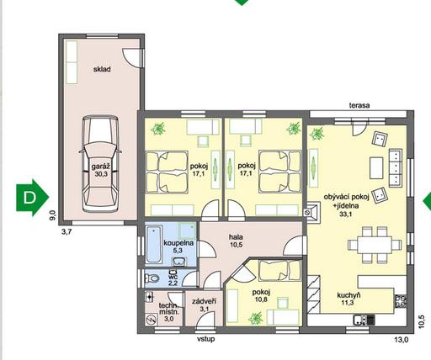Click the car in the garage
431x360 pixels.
tap(100, 164)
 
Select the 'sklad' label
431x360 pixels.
tap(102, 69)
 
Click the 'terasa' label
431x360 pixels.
tap(359, 105)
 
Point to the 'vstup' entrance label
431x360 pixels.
tap(205, 339)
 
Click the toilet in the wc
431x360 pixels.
tap(152, 278)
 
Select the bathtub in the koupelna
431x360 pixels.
tap(154, 245)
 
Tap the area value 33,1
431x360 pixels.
tap(346, 214)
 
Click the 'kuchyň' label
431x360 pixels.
tap(349, 295)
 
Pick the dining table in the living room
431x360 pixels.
tap(375, 245)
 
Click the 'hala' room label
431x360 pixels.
tap(236, 237)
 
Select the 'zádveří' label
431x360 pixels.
tap(204, 302)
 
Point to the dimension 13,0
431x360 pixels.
tap(401, 340)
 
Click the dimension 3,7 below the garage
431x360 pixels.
tap(67, 232)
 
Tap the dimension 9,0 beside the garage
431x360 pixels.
tap(53, 215)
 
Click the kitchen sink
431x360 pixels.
tap(359, 320)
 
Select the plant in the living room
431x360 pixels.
tap(317, 134)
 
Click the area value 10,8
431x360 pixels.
tap(261, 299)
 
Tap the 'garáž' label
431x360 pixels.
tap(100, 167)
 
